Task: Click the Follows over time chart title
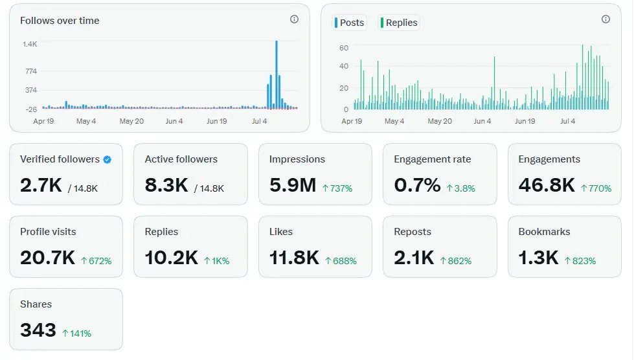[x=60, y=21]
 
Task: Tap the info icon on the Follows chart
[x=295, y=19]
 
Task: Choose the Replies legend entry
[x=399, y=23]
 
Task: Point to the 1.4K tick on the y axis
[x=30, y=44]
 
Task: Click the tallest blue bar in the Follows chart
[x=277, y=74]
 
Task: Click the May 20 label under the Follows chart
[x=131, y=121]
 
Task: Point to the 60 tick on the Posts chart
[x=344, y=48]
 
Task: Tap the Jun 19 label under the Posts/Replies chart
[x=525, y=121]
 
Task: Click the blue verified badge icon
[x=107, y=159]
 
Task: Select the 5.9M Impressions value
[x=293, y=185]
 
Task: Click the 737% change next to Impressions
[x=337, y=188]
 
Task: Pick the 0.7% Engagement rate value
[x=417, y=185]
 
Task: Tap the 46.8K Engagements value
[x=547, y=185]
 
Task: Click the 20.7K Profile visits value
[x=48, y=258]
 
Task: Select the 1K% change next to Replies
[x=217, y=261]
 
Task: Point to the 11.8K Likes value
[x=295, y=258]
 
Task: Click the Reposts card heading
[x=413, y=232]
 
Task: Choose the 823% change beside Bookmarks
[x=580, y=261]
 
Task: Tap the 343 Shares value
[x=38, y=330]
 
